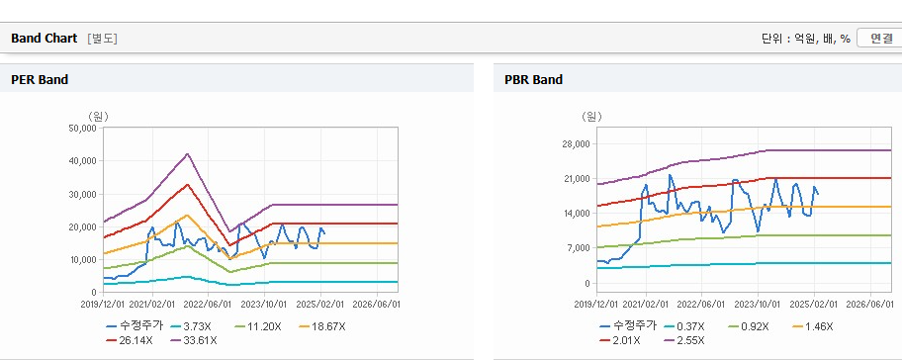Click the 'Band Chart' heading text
44,39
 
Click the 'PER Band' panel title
40,80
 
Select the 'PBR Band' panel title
533,80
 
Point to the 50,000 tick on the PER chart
83,129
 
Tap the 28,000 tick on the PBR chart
577,143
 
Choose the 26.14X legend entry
130,340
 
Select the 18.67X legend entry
322,326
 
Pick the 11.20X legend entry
258,326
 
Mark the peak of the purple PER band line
188,153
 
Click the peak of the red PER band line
188,184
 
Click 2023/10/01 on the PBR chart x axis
759,303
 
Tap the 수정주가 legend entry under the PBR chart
628,326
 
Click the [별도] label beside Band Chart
103,39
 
